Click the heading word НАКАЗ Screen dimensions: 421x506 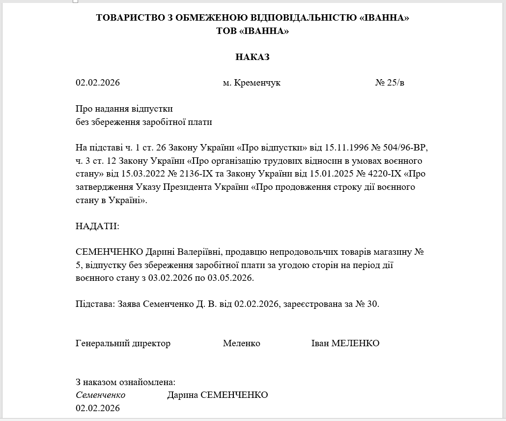[x=253, y=57]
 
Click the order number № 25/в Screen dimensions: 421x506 [x=390, y=83]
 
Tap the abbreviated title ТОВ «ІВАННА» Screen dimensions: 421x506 [x=253, y=31]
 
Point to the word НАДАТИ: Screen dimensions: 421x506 [x=97, y=226]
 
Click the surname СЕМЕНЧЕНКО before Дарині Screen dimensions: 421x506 [x=110, y=252]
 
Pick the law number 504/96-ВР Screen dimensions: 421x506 [x=407, y=148]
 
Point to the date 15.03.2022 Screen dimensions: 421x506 [x=139, y=174]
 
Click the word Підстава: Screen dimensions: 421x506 [x=95, y=304]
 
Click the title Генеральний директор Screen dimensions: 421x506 [x=123, y=343]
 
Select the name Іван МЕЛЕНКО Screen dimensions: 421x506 [x=345, y=343]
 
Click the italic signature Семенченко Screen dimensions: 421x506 [x=100, y=395]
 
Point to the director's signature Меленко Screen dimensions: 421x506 [x=241, y=343]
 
